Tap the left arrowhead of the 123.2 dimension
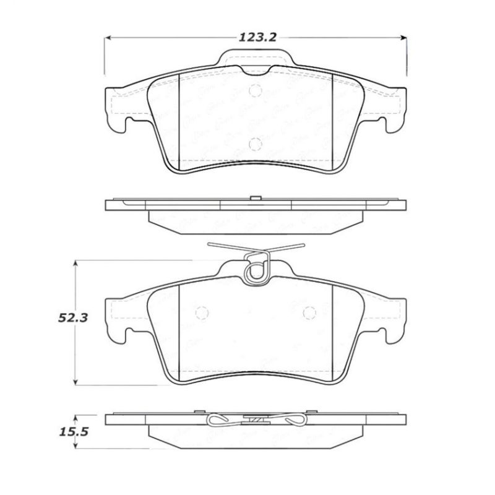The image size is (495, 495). [x=106, y=37]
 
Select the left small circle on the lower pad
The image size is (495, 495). [x=200, y=312]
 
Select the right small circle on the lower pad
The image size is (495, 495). [x=309, y=312]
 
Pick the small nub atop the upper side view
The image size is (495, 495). [x=254, y=198]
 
